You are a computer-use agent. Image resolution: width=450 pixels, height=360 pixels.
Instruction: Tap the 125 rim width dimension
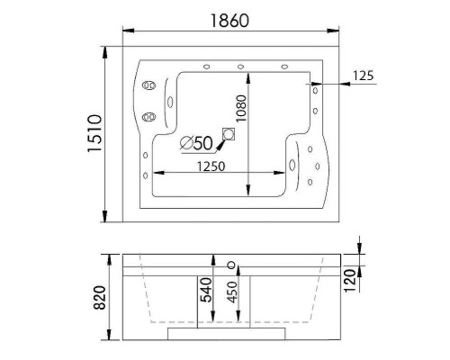pyautogui.click(x=364, y=76)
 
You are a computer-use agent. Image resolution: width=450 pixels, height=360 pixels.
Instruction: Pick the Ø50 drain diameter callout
pyautogui.click(x=195, y=141)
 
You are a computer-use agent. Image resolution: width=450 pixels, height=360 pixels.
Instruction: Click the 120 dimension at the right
pyautogui.click(x=350, y=282)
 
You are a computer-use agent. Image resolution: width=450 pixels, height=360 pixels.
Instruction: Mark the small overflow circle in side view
pyautogui.click(x=232, y=265)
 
